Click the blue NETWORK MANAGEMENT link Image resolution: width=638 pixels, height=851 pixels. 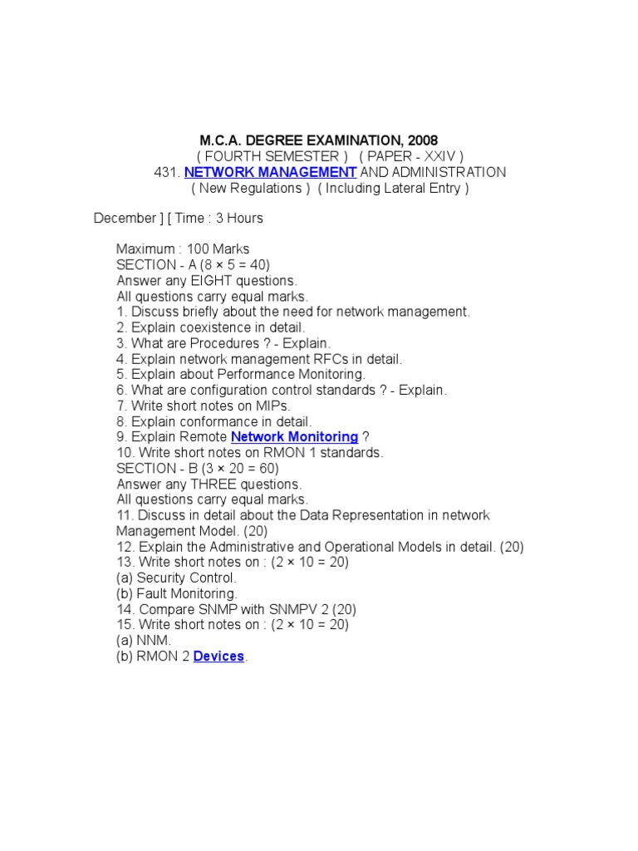point(271,172)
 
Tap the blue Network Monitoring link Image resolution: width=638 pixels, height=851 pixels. point(294,437)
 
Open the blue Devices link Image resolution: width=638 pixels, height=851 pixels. point(218,657)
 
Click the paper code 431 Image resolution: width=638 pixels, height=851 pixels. point(165,172)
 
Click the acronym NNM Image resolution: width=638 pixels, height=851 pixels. point(155,641)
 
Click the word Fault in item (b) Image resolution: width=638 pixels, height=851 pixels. point(153,593)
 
